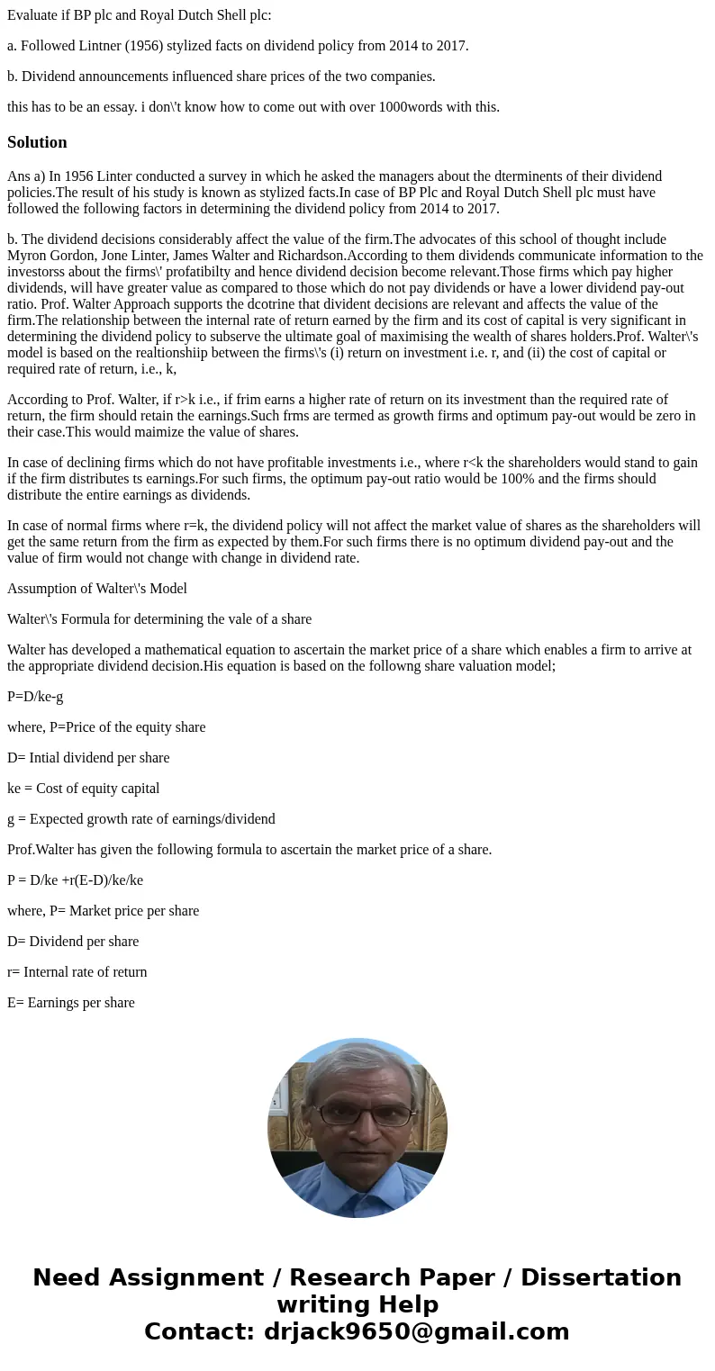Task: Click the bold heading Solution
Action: tap(37, 142)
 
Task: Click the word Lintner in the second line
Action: tap(95, 45)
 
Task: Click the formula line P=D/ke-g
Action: tap(35, 696)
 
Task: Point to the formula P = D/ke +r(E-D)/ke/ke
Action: tap(75, 879)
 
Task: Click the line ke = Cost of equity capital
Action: tap(83, 788)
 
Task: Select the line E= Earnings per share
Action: tap(70, 1002)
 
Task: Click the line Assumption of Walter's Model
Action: tap(97, 588)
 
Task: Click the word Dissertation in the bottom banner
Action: tap(601, 1277)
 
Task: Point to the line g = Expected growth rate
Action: tap(141, 818)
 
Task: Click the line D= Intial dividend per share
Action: tap(88, 757)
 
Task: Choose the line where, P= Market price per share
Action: tap(103, 910)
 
